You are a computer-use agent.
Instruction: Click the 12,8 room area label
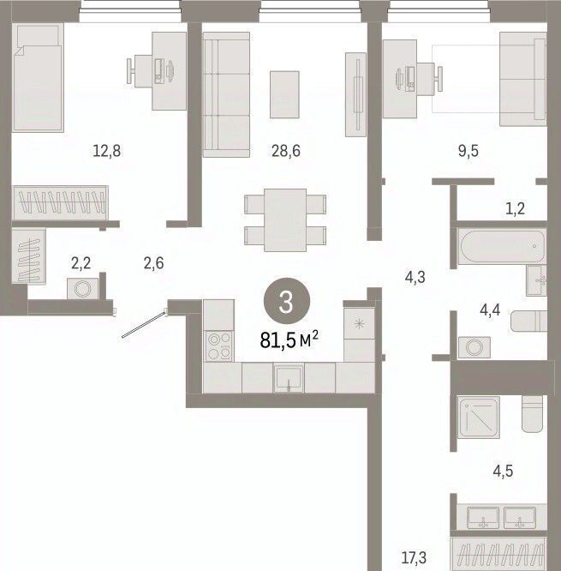coord(107,150)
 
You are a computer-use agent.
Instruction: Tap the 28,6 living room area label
coord(286,150)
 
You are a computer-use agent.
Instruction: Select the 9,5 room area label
coord(468,150)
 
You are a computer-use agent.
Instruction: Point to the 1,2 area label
coord(516,209)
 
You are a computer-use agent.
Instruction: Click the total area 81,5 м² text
coord(289,340)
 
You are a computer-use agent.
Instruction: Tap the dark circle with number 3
coord(286,301)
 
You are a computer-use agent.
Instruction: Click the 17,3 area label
coord(414,557)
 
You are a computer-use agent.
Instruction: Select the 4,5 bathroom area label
coord(503,471)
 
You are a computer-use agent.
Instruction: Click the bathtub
coord(502,246)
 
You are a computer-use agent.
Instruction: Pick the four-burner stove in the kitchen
coord(219,346)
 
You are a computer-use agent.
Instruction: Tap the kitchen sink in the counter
coord(289,377)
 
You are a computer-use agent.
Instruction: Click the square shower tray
coord(478,418)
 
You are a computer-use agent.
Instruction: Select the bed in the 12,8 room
coord(38,77)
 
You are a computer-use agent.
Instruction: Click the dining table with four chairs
coord(285,220)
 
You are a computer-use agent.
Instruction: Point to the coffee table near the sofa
coord(284,94)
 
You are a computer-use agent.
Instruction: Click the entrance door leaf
coord(144,324)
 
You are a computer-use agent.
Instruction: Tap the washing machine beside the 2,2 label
coord(83,289)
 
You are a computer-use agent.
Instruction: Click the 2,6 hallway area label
coord(153,263)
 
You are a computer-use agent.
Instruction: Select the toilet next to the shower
coord(532,414)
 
